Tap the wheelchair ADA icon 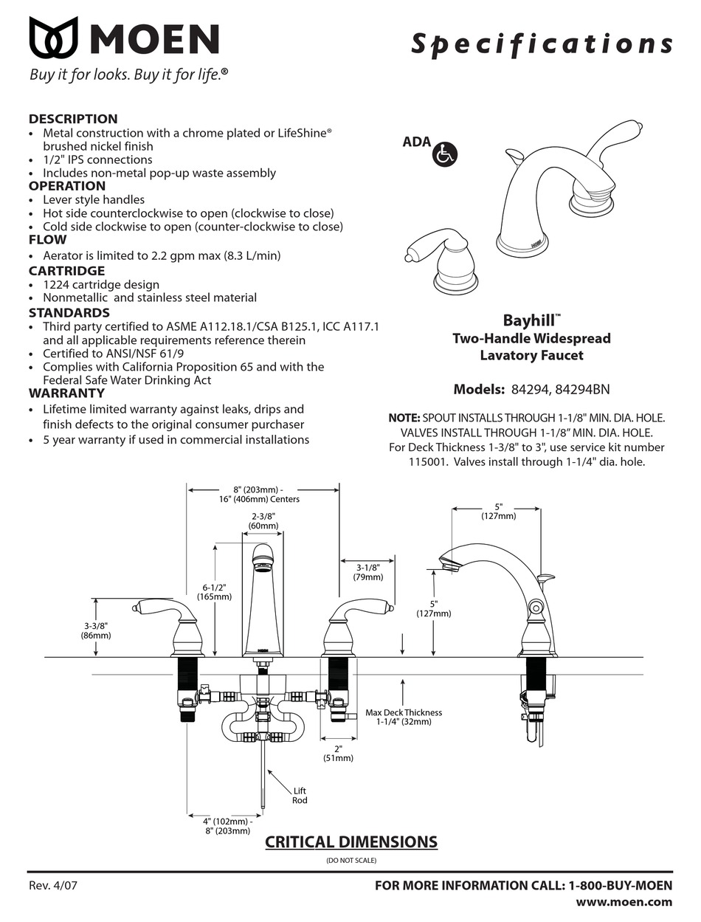(446, 154)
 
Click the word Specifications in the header (541, 44)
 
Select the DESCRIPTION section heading (72, 119)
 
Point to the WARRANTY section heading (66, 393)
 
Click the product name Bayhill (530, 321)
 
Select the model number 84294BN (582, 390)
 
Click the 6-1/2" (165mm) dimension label (217, 592)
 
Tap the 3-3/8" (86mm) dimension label (95, 630)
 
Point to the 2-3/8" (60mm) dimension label (263, 521)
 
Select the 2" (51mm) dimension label (338, 753)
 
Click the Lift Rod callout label (300, 796)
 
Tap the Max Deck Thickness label (404, 717)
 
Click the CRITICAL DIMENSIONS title (350, 842)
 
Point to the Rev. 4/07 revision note (52, 886)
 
